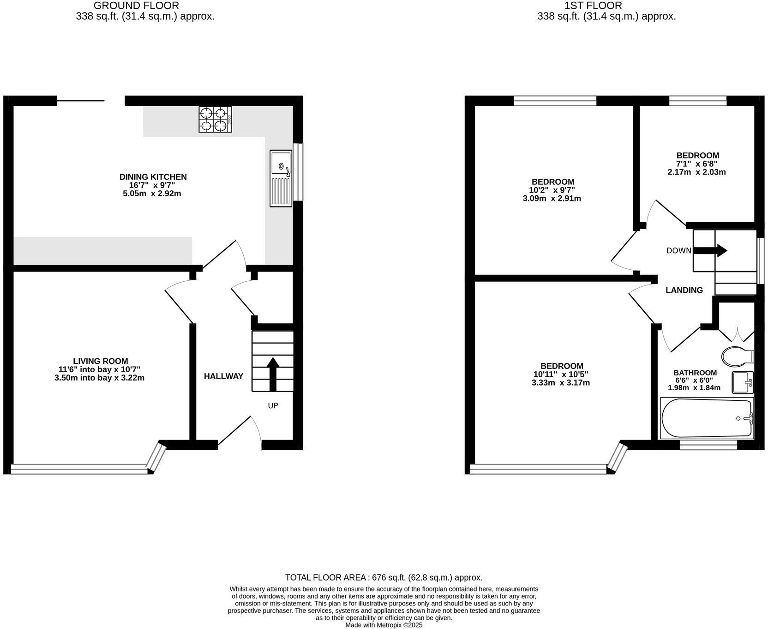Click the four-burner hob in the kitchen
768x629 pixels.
click(x=215, y=120)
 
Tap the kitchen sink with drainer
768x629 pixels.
click(x=281, y=178)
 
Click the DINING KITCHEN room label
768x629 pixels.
click(x=153, y=177)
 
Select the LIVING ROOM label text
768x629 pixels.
click(x=100, y=361)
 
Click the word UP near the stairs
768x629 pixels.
click(x=273, y=406)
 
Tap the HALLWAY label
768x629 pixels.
click(x=223, y=376)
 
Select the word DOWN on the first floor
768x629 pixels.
click(x=678, y=251)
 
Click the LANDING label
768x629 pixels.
click(x=684, y=290)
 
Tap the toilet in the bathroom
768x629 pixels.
click(x=737, y=356)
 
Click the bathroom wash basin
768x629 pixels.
click(x=742, y=382)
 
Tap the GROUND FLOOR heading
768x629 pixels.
click(x=136, y=6)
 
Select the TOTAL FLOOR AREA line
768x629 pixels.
click(x=384, y=577)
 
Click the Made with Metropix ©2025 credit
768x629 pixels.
click(x=384, y=625)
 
